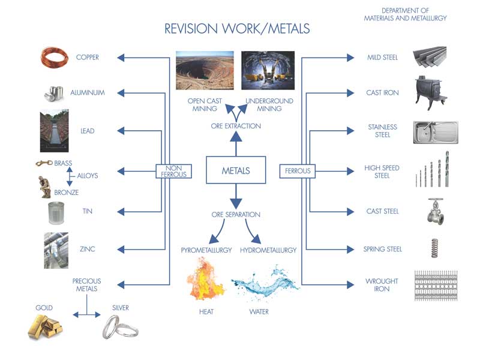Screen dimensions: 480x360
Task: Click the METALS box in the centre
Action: click(236, 170)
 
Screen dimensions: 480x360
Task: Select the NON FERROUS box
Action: click(173, 171)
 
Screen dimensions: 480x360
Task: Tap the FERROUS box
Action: click(298, 171)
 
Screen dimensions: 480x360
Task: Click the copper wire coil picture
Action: click(55, 57)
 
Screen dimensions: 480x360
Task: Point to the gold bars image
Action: click(46, 326)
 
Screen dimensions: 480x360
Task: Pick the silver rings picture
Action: click(120, 327)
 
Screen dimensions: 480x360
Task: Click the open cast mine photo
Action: click(205, 70)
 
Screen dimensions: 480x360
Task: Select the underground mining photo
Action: click(268, 70)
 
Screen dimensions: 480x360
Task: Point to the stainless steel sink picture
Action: click(436, 132)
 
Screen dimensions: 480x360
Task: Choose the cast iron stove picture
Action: click(430, 93)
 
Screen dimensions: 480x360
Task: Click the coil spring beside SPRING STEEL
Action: click(434, 248)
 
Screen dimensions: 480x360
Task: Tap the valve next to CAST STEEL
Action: click(436, 212)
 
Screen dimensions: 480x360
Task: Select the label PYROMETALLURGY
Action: click(206, 250)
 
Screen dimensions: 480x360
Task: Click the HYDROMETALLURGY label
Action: click(268, 250)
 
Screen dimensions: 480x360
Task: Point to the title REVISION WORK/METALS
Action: click(237, 29)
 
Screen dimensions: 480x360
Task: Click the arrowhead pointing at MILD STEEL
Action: click(350, 58)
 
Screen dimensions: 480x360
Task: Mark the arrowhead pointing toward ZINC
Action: click(121, 250)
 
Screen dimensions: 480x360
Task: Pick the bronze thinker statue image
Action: click(44, 187)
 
